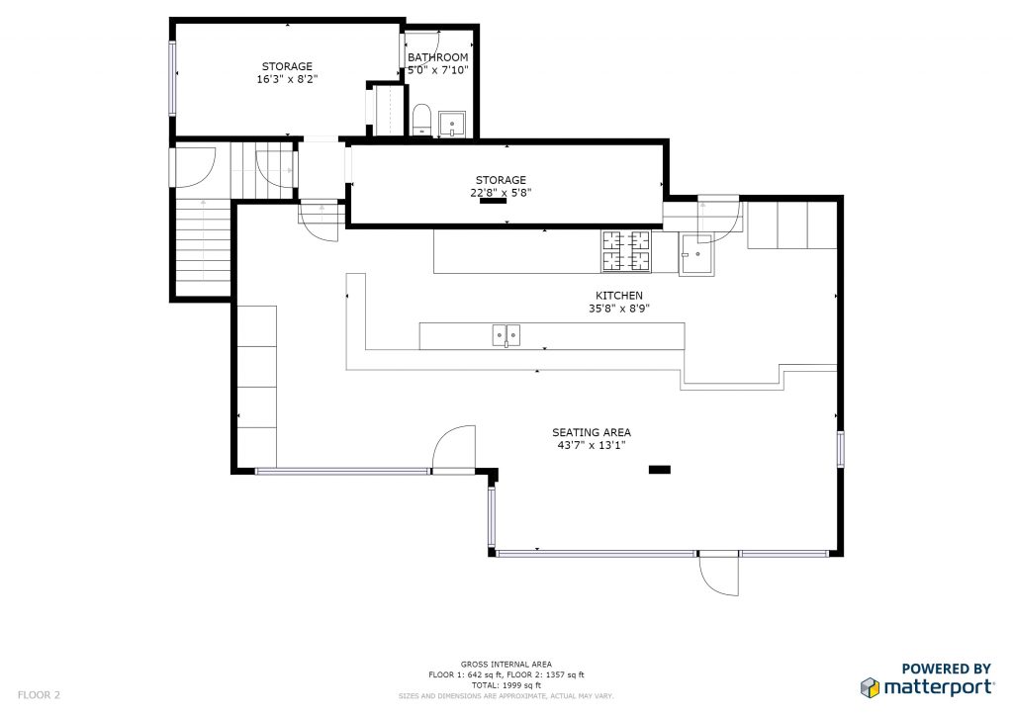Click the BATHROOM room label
(437, 56)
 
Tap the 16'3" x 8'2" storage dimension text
(287, 79)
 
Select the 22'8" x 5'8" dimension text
(501, 193)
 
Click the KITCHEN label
(619, 295)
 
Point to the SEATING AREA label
(592, 432)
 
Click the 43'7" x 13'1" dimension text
(592, 445)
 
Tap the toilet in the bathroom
(421, 120)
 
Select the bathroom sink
(452, 124)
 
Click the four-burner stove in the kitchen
(626, 251)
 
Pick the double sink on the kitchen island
(506, 335)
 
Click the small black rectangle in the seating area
(660, 470)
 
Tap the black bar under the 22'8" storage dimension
(493, 201)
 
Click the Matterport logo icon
(871, 687)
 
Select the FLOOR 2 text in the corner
(39, 694)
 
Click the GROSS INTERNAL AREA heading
(506, 664)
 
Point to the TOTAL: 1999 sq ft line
(506, 685)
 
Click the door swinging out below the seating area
(718, 574)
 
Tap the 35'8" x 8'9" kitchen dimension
(619, 309)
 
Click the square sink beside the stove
(696, 254)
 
